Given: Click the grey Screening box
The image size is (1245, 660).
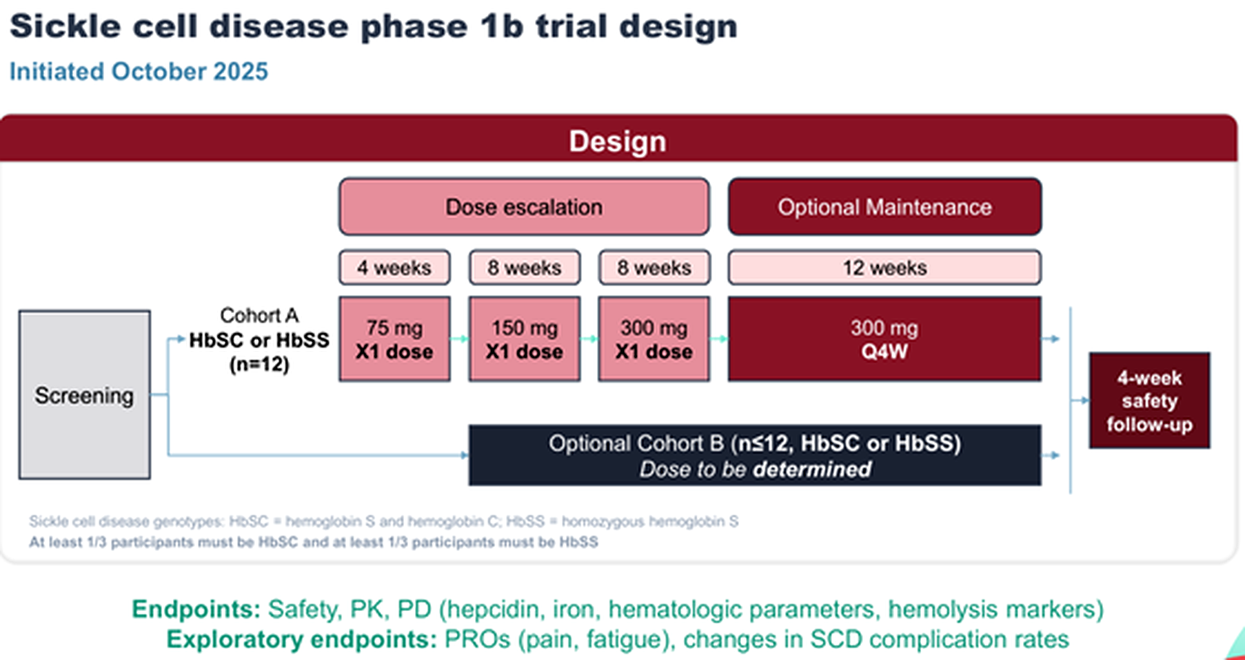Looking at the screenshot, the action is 85,394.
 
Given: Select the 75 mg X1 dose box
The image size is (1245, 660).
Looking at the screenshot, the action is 394,339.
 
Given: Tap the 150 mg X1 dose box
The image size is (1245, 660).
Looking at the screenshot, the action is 525,339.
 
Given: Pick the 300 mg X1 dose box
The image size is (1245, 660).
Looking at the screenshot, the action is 654,339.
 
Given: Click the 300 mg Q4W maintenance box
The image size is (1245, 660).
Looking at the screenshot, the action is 884,339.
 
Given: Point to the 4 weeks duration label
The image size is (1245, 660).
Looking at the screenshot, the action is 394,268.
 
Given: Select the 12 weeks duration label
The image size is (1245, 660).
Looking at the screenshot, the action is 884,268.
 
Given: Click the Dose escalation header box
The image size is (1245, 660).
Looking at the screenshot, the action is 524,207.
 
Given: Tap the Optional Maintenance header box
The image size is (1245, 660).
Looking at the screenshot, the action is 884,207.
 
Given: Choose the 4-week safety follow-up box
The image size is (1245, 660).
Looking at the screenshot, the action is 1149,401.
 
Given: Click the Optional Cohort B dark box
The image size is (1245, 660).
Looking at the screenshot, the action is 755,455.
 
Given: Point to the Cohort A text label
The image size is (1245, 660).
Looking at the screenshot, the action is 259,315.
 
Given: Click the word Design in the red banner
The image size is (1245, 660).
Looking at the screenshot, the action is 618,141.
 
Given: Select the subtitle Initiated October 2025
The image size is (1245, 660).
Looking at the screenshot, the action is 139,72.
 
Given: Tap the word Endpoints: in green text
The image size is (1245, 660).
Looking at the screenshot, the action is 196,610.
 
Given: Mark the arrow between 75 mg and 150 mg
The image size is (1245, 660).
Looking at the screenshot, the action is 460,339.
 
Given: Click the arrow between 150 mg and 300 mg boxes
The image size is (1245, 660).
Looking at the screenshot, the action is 589,339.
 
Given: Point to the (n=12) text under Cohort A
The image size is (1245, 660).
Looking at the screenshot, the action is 259,364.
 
